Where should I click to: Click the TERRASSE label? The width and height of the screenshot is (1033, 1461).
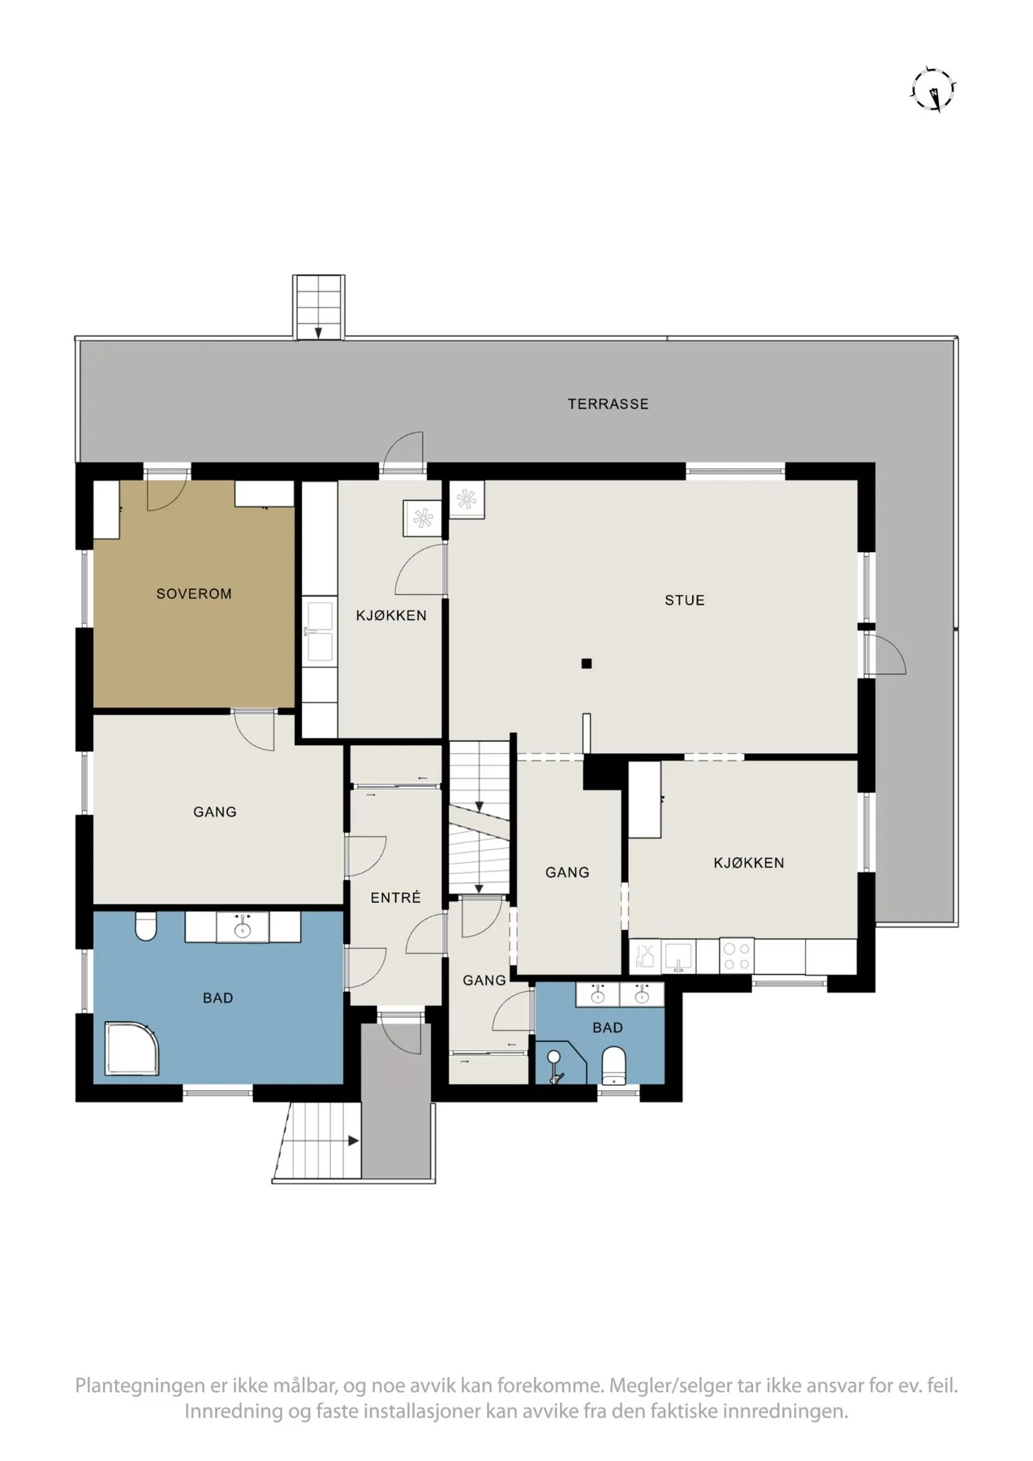coord(608,403)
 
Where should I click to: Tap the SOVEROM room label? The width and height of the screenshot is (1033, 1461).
coord(194,593)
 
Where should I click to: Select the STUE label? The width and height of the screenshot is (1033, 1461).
coord(684,600)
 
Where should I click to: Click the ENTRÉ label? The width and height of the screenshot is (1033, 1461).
coord(395,897)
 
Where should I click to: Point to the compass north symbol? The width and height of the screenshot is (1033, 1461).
coord(934,90)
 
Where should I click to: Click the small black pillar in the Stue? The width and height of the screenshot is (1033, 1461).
coord(586,663)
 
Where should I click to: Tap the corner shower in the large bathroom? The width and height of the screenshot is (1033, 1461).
coord(131,1049)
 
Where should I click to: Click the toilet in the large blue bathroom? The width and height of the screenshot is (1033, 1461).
coord(145,926)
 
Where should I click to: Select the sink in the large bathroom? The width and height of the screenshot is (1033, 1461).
coord(241,927)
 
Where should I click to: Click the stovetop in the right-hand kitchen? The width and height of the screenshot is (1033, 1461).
coord(736,955)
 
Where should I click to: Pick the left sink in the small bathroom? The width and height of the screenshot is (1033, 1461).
coord(598,993)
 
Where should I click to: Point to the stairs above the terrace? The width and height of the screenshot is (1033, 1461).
coord(319,308)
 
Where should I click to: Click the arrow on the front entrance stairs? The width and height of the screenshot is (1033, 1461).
coord(354,1140)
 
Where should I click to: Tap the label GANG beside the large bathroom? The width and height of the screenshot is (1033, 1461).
coord(215,812)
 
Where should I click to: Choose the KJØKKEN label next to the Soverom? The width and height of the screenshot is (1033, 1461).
coord(391,615)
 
